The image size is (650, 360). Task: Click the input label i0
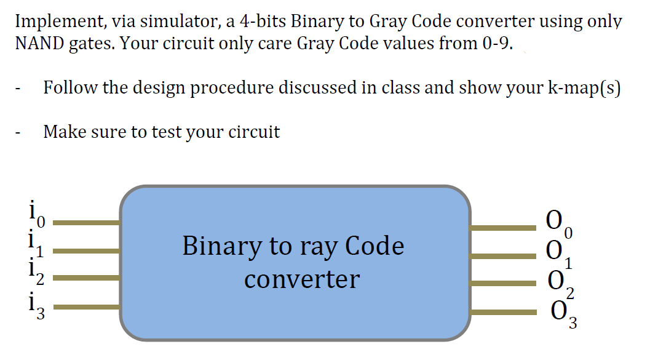(x=36, y=214)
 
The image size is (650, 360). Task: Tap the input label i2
(x=36, y=271)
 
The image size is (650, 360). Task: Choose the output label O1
(x=559, y=255)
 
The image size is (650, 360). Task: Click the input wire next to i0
(x=87, y=223)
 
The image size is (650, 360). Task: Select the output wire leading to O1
(x=503, y=256)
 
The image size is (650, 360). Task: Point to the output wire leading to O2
(x=503, y=283)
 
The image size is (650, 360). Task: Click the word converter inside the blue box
(x=302, y=279)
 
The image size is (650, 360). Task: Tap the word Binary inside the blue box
(x=221, y=247)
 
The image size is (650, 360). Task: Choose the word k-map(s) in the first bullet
(x=584, y=87)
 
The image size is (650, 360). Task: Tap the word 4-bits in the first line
(x=263, y=21)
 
